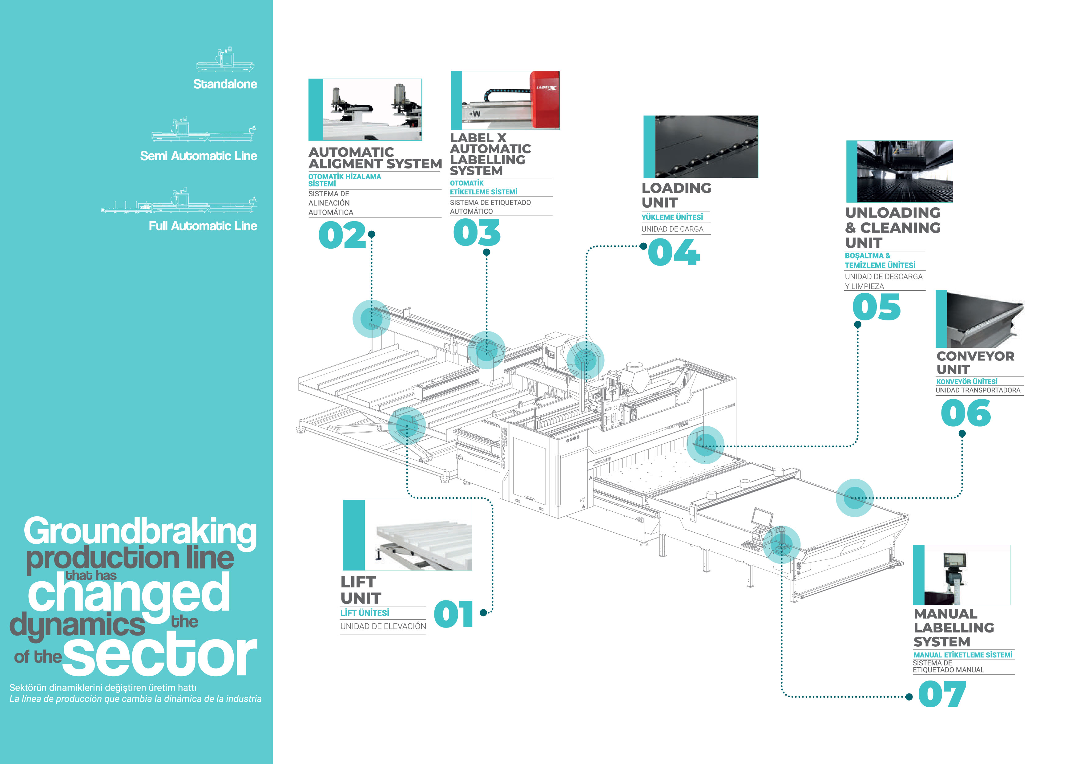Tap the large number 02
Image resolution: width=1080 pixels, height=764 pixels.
342,235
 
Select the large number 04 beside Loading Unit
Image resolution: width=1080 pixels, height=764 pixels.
674,252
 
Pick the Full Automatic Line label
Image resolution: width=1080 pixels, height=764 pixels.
203,226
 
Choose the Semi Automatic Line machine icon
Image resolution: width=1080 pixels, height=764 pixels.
204,129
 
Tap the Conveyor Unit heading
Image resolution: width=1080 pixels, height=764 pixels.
975,363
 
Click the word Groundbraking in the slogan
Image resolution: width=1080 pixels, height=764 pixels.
140,532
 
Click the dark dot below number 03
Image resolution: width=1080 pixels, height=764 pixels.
486,252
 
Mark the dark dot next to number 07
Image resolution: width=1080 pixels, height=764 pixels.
909,697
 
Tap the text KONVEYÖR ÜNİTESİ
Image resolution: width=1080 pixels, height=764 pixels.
967,382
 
